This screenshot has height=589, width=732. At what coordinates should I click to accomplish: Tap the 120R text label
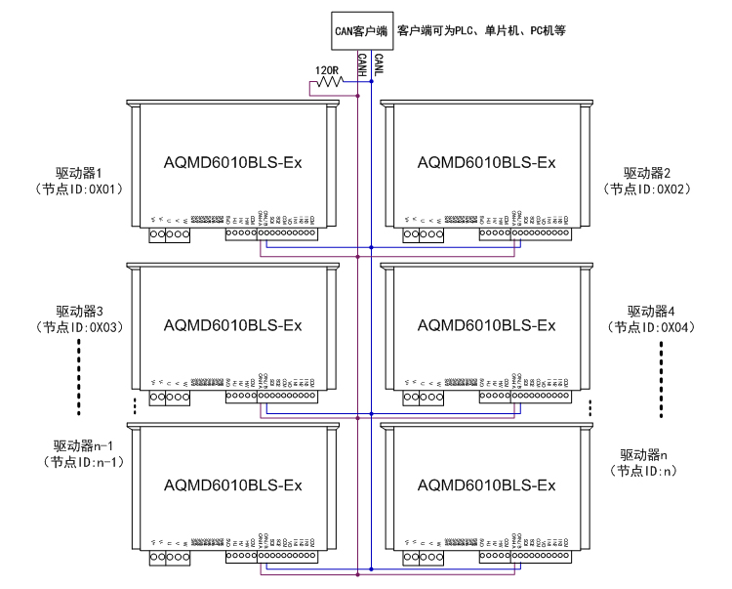pyautogui.click(x=327, y=69)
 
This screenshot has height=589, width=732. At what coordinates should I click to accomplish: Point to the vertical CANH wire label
pyautogui.click(x=362, y=65)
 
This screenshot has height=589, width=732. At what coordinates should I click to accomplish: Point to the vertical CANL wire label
pyautogui.click(x=378, y=65)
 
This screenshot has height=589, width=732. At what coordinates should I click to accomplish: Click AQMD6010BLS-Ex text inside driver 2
pyautogui.click(x=486, y=161)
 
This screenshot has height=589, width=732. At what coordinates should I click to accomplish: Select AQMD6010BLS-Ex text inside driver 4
pyautogui.click(x=486, y=324)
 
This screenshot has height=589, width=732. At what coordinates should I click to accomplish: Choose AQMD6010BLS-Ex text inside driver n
pyautogui.click(x=486, y=484)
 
